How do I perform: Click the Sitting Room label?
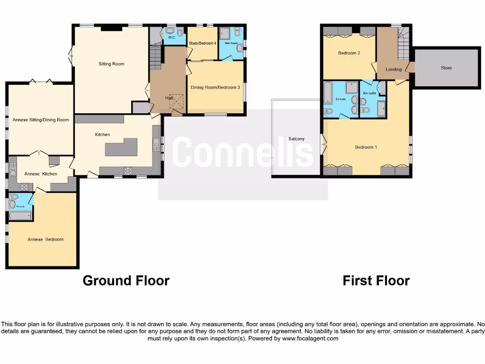tap(111, 64)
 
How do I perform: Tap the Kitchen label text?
tap(102, 135)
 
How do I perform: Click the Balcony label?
tap(296, 139)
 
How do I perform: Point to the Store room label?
tap(446, 68)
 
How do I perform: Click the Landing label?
tap(394, 69)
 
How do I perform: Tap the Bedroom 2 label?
tap(349, 53)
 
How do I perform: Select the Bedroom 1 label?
tap(366, 147)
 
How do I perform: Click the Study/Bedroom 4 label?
tap(202, 43)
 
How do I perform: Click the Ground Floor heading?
tap(126, 281)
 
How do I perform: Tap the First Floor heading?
tap(376, 281)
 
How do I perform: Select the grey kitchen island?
tap(121, 147)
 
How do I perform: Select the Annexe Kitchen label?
tap(41, 174)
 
